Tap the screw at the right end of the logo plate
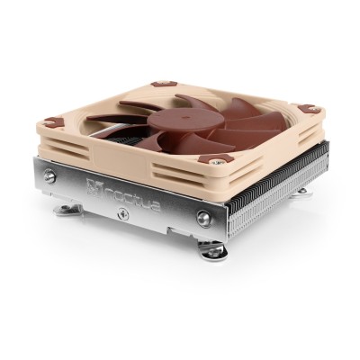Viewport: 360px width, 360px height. pyautogui.click(x=206, y=215)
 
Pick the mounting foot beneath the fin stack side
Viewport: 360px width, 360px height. pyautogui.click(x=302, y=190)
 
